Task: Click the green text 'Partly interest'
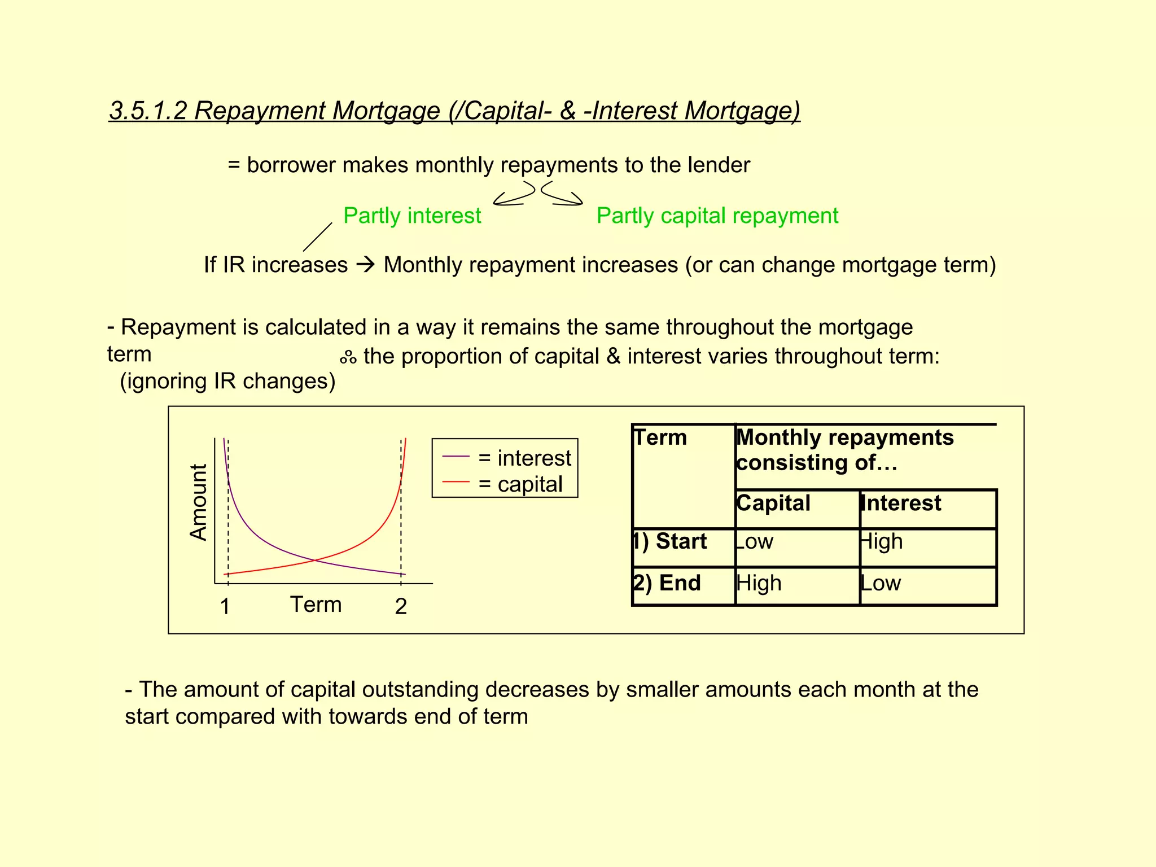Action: [x=412, y=216]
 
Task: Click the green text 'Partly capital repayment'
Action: [x=717, y=216]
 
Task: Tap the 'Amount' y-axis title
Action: [x=199, y=502]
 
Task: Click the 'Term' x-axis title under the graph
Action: [x=316, y=605]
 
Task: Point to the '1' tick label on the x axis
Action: [x=225, y=607]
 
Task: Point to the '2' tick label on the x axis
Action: [x=401, y=607]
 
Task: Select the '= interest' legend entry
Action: [x=524, y=458]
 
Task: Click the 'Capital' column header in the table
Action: [x=773, y=503]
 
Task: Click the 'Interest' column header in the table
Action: [x=901, y=503]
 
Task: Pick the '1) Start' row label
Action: [x=671, y=541]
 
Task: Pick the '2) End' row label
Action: [x=667, y=583]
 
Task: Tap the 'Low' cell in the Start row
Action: [x=754, y=541]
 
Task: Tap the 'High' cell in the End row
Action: [x=759, y=583]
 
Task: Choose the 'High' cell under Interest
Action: [x=881, y=541]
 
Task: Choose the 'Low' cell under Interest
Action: [x=881, y=583]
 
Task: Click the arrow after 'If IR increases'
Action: [x=366, y=265]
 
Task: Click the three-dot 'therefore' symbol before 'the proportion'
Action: [x=348, y=357]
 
